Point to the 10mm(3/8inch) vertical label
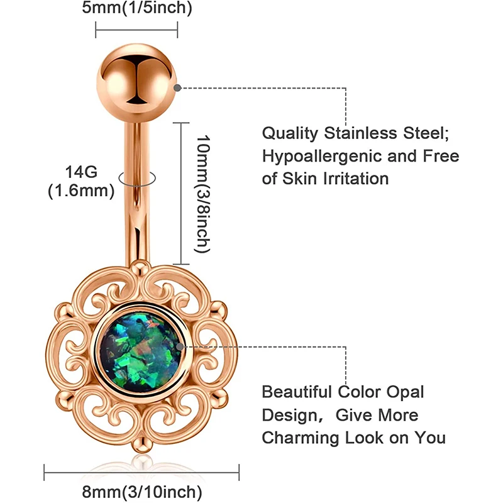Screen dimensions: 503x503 click(x=200, y=193)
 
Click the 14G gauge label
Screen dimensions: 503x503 click(x=80, y=171)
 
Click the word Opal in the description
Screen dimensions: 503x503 click(x=406, y=392)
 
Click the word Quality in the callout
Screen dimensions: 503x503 click(x=290, y=133)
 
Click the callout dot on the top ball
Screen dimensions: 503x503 click(x=179, y=87)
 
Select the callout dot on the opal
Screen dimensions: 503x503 click(x=180, y=346)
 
